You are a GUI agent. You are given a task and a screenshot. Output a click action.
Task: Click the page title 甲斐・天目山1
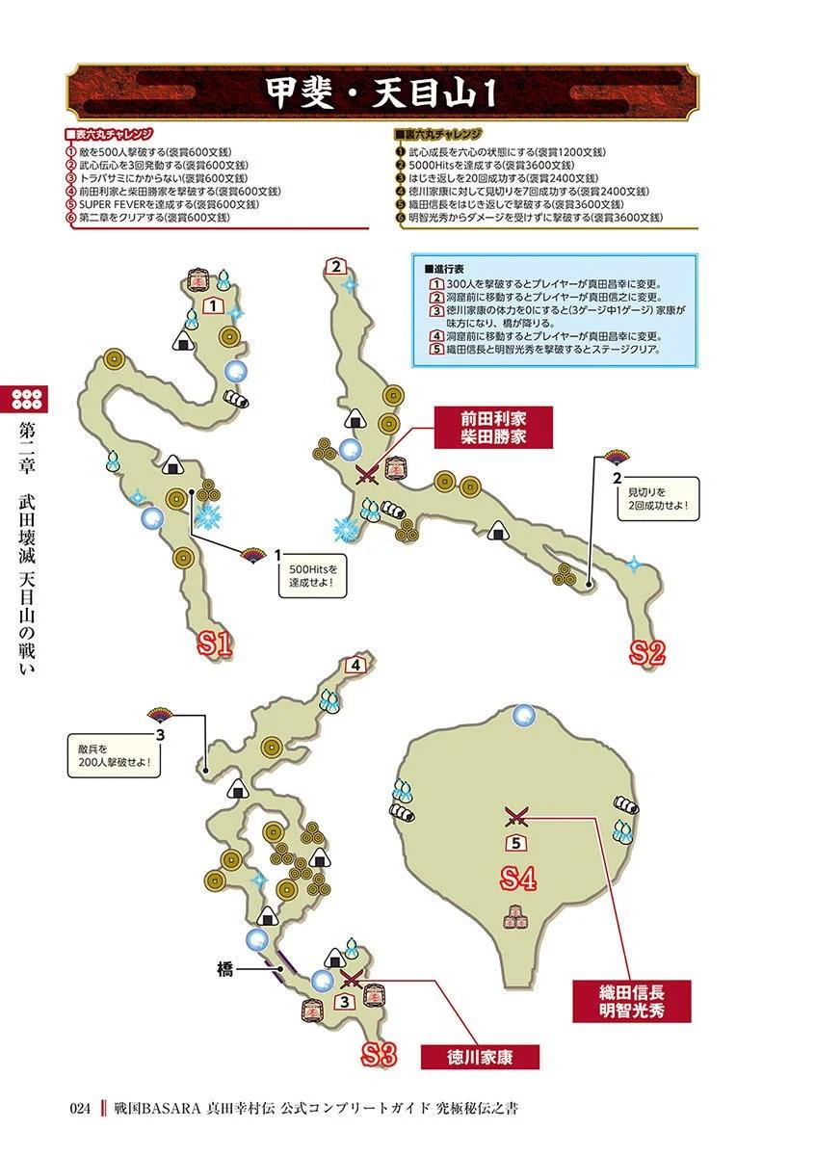point(381,93)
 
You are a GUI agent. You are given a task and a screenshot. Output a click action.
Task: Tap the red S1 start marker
point(215,644)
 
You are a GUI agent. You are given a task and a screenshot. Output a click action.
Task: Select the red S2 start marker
point(647,652)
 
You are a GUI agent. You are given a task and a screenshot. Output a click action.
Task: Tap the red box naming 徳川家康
point(480,1057)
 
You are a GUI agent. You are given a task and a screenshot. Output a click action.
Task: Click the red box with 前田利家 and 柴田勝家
point(493,428)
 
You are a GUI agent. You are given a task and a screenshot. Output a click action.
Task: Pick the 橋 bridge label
point(225,970)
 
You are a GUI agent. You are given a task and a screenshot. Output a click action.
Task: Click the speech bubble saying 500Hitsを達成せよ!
point(312,576)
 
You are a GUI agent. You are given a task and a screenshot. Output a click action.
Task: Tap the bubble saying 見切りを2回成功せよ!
point(658,499)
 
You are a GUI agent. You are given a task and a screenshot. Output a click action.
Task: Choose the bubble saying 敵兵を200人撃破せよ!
point(114,755)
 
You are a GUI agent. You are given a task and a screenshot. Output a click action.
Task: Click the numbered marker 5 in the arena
point(515,843)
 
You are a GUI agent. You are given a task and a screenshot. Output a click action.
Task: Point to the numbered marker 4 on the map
point(355,666)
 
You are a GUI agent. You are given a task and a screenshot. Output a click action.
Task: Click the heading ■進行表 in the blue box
point(443,269)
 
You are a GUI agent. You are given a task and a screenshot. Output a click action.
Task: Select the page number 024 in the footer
point(80,1108)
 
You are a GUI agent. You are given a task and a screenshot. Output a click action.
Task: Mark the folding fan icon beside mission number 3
point(160,715)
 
